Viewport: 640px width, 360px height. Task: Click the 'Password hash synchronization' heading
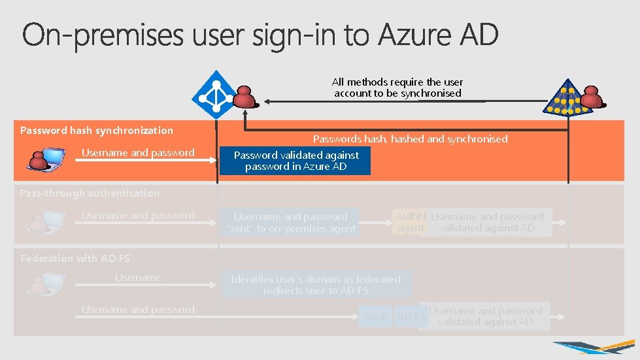(x=97, y=130)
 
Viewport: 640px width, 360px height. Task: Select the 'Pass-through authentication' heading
(x=90, y=193)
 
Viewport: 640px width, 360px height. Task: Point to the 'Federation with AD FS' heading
(x=75, y=258)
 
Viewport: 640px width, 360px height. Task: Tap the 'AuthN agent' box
(x=411, y=222)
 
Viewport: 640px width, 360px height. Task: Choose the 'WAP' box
(x=376, y=318)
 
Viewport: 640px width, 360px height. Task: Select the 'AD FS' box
(x=411, y=318)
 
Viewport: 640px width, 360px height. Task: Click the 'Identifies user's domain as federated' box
(x=316, y=284)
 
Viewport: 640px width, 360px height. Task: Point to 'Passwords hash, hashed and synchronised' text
(x=410, y=139)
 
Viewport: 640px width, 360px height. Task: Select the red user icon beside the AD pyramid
(x=594, y=97)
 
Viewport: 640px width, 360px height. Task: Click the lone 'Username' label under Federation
(x=138, y=278)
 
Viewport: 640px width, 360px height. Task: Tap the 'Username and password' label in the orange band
(x=138, y=152)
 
